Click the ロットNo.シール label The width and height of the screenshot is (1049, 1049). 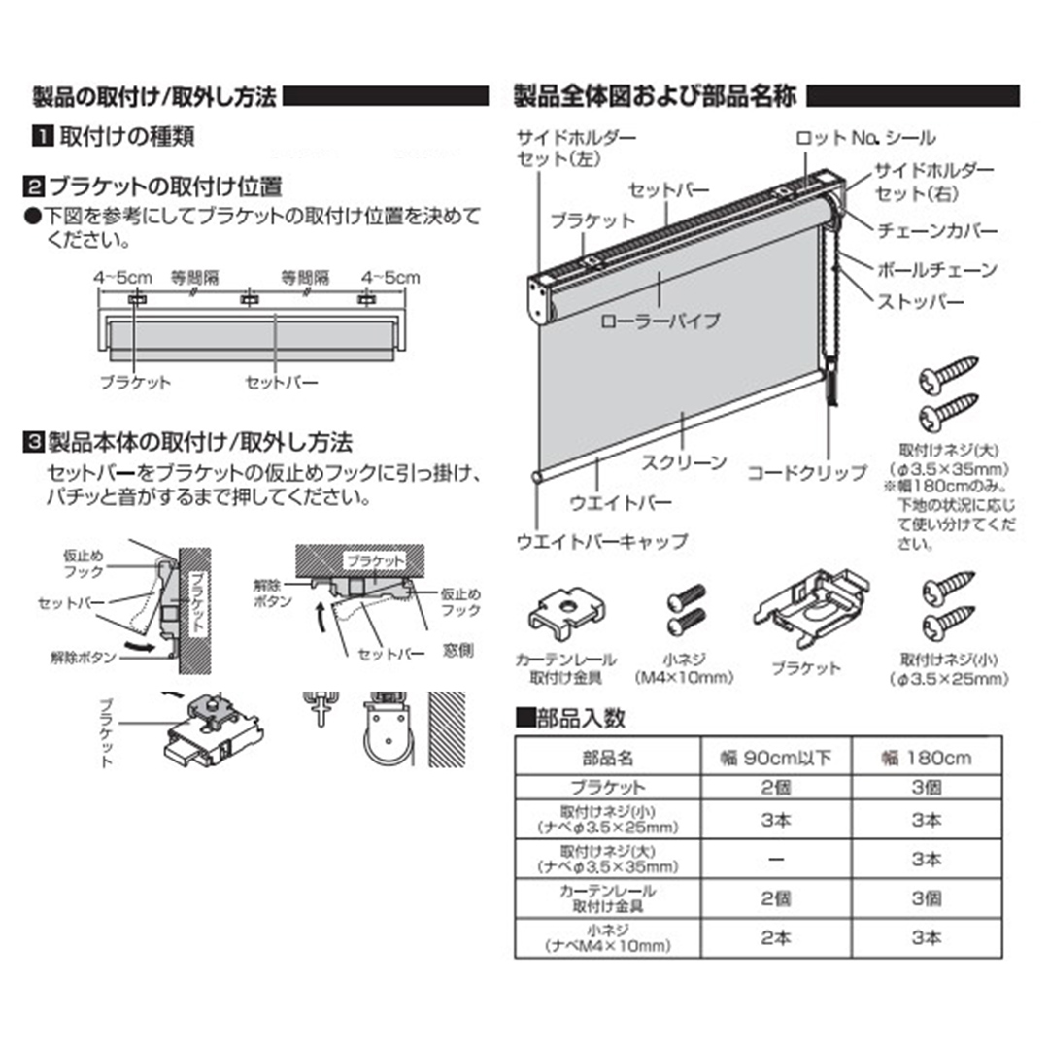[x=865, y=139]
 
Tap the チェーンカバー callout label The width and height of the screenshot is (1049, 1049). [x=936, y=233]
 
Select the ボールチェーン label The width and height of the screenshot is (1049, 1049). [x=936, y=269]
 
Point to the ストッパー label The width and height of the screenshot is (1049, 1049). [x=921, y=302]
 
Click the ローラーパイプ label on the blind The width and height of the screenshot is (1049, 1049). [x=660, y=320]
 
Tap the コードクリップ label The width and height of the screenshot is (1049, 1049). [x=806, y=473]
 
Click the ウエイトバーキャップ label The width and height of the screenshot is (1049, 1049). [x=601, y=541]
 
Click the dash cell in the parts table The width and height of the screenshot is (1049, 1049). [x=776, y=860]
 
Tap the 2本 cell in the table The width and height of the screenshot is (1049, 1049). [x=776, y=938]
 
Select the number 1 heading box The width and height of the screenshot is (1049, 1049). [x=43, y=136]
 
